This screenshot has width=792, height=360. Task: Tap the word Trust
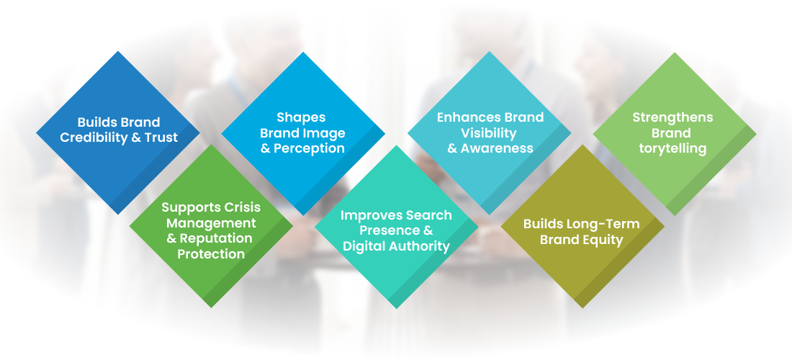coord(161,138)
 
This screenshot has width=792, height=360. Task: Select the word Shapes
coord(301,118)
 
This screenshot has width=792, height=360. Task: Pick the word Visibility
coord(489,133)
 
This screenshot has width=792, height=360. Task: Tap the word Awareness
coord(497,148)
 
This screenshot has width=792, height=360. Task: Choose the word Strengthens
coord(672,117)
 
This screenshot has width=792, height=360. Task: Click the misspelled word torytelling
coord(672,149)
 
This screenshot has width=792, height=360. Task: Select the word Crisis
coord(243,207)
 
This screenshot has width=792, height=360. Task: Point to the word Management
coord(211,223)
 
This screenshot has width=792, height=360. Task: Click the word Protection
coord(211,254)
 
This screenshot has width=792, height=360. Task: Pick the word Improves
coord(370,215)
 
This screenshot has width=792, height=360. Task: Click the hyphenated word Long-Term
coord(608,224)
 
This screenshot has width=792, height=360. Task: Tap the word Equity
coord(603,240)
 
